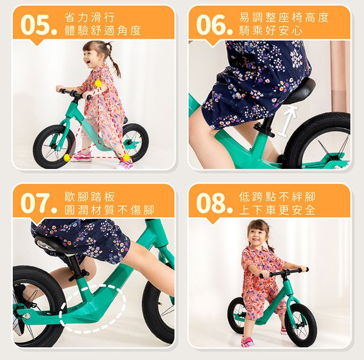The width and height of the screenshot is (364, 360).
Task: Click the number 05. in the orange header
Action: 37,25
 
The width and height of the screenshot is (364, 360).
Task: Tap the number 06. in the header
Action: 213,25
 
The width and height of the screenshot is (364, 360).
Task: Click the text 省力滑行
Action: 89,17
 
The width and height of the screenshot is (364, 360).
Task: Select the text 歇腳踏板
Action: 89,196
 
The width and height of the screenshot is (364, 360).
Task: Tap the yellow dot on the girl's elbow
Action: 98,84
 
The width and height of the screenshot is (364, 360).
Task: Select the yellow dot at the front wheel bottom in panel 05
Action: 67,158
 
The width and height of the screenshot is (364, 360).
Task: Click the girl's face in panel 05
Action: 92,54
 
